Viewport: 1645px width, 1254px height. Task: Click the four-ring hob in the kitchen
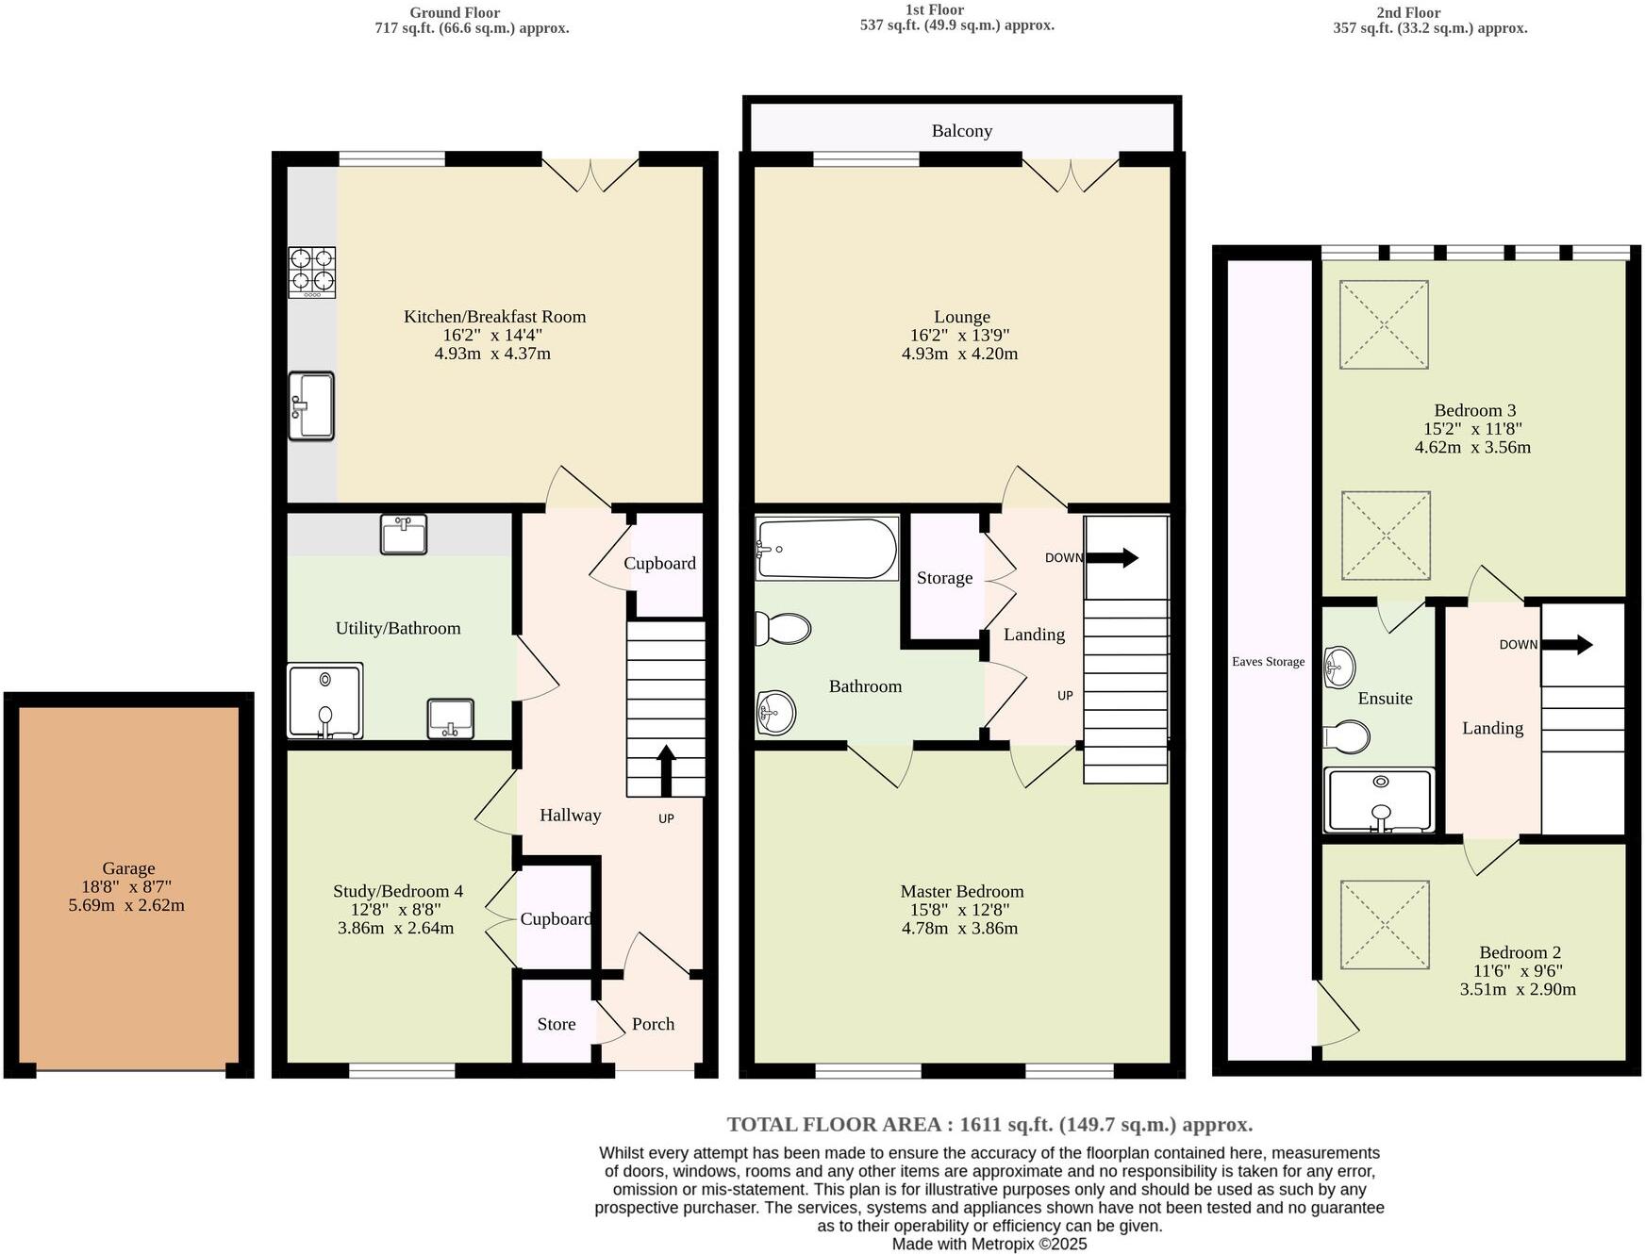[311, 271]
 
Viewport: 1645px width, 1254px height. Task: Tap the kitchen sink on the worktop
[311, 405]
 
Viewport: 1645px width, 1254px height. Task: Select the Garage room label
[128, 868]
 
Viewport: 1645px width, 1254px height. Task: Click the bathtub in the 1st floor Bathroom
[826, 549]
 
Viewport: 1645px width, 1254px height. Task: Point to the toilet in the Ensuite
[1347, 737]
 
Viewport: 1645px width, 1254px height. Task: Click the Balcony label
[961, 131]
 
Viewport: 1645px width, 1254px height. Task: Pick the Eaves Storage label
[1268, 662]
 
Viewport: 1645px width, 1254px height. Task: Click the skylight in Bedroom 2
[1385, 924]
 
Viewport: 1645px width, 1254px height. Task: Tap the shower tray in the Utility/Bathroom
[324, 701]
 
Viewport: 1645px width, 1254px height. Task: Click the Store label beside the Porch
[557, 1024]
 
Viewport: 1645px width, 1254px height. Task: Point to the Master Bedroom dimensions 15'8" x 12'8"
[960, 910]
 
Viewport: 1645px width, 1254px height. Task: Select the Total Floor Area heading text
[989, 1124]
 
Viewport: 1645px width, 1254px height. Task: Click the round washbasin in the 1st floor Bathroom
[775, 713]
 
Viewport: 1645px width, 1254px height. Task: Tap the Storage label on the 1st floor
[944, 578]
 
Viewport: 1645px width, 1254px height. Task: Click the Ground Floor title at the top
[455, 12]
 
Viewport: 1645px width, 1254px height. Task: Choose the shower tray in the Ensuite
[1379, 800]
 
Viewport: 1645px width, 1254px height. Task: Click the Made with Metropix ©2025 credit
[989, 1244]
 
